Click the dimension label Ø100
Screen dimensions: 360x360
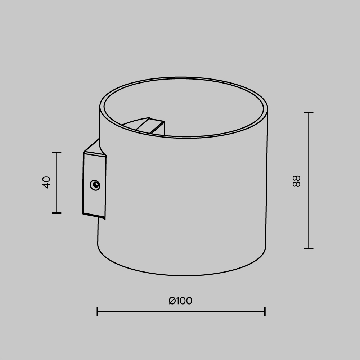[180, 301]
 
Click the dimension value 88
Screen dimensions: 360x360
[296, 181]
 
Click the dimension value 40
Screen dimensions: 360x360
[46, 182]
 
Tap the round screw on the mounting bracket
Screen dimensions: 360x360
[95, 185]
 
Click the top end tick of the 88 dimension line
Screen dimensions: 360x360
[309, 113]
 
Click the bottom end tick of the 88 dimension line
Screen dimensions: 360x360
[309, 248]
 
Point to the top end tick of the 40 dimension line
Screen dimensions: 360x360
[57, 153]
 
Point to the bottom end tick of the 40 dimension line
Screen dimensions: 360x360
[57, 213]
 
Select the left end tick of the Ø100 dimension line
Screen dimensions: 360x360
[98, 312]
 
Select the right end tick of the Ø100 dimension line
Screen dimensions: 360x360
[265, 312]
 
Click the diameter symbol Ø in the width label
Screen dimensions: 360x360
[172, 301]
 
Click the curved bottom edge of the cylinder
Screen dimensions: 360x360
[180, 275]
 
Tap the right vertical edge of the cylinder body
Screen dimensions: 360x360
[266, 180]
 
